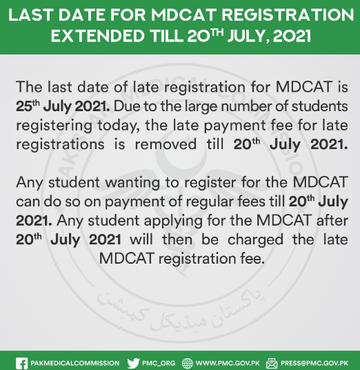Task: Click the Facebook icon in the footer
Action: [21, 363]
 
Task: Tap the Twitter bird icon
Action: [133, 363]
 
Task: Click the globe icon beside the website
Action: [188, 363]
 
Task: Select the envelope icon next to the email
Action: [272, 363]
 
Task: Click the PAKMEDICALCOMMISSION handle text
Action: [75, 363]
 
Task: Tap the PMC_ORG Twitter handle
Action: [159, 363]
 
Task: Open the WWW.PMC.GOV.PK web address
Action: [228, 363]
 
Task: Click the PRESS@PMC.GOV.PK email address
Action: [314, 363]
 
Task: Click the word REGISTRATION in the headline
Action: [288, 15]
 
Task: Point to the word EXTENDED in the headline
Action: [98, 36]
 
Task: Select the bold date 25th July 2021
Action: [63, 107]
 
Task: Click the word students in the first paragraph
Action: [320, 106]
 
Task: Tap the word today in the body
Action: [117, 126]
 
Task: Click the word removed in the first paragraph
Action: [166, 144]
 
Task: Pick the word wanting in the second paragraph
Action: [132, 183]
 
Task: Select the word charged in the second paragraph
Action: [255, 240]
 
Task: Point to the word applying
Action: [173, 222]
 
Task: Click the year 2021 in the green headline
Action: [292, 37]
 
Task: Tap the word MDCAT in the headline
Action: [183, 15]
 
